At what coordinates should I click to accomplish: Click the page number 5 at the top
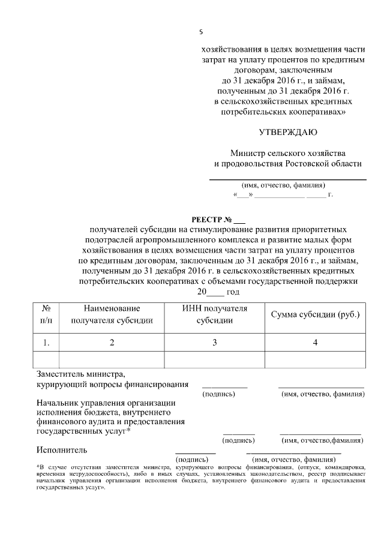[201, 32]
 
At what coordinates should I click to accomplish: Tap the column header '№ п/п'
[46, 314]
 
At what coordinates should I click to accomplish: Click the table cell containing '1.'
[46, 343]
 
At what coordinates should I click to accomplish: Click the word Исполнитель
[62, 449]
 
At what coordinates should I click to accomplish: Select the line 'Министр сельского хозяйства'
[288, 153]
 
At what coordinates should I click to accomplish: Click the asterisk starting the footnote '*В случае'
[38, 466]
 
